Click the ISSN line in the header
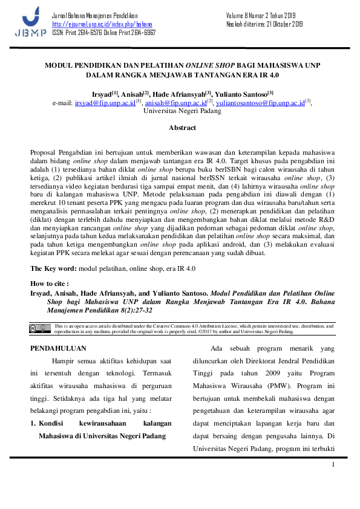[103, 33]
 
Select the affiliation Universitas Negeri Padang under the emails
[182, 112]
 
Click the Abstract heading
[182, 128]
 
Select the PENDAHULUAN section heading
[58, 349]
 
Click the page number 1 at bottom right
[333, 464]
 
